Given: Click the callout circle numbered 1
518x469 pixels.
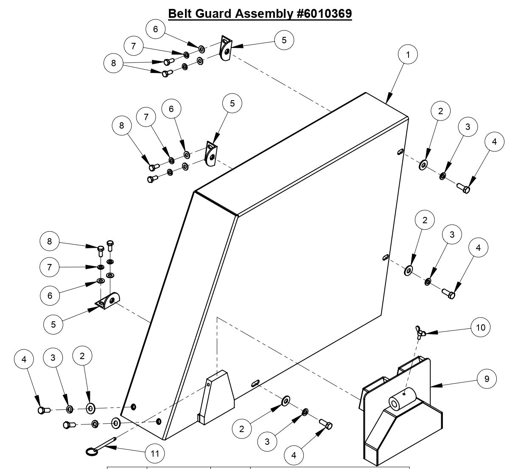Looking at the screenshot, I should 408,54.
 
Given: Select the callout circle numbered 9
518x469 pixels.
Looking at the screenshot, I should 487,378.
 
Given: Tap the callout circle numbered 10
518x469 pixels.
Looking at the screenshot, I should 481,327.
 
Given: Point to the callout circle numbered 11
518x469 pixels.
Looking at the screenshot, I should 155,453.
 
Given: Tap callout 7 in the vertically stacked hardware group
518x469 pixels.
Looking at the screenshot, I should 50,267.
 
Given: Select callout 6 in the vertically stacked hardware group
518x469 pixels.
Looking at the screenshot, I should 50,295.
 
